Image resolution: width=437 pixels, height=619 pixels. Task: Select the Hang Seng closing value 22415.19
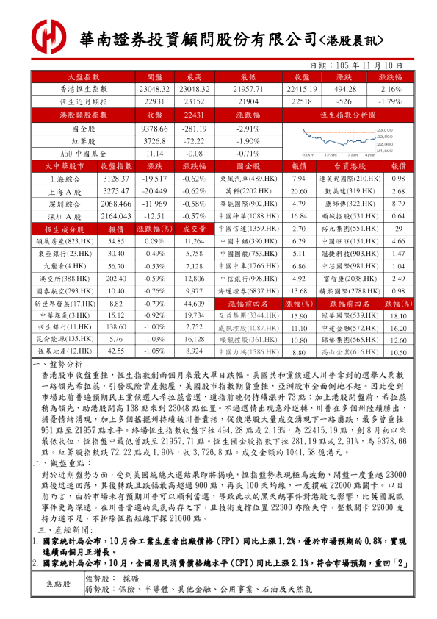pos(302,89)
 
